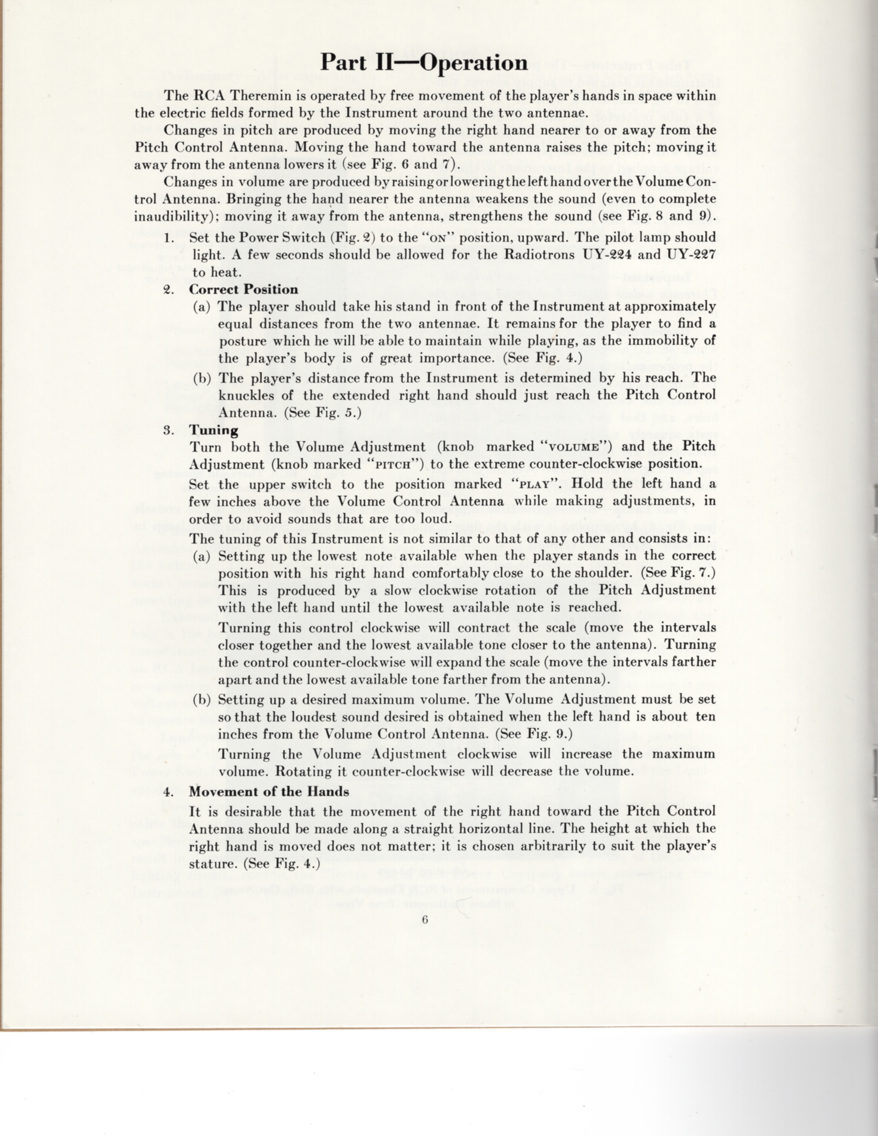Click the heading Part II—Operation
[424, 63]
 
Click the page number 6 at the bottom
[425, 919]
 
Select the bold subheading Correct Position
[243, 290]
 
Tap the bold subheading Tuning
[214, 430]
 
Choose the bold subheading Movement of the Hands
[269, 792]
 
